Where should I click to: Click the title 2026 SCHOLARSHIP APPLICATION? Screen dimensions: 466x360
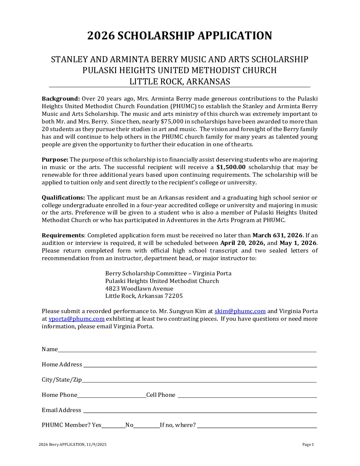point(180,36)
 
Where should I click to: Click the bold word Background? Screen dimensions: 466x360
point(61,99)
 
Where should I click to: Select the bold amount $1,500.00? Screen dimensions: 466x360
point(231,167)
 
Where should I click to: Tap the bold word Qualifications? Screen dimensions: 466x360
point(63,198)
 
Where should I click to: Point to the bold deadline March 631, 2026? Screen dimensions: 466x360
point(277,235)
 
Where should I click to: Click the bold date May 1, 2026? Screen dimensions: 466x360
point(298,243)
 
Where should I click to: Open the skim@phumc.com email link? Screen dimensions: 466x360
point(240,311)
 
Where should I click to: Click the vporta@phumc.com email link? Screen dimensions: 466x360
point(76,319)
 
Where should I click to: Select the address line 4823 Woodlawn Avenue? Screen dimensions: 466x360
point(139,289)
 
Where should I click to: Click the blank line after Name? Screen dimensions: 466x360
point(187,350)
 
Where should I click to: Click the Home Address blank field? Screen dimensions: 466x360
point(200,365)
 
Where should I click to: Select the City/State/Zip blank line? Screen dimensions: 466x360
point(199,381)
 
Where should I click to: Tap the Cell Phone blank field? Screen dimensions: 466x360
point(247,396)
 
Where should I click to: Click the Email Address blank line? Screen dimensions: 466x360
point(200,411)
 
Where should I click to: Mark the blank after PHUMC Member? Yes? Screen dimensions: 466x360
point(113,426)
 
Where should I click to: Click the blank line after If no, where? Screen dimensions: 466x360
point(257,426)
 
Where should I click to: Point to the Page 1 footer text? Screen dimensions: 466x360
point(308,444)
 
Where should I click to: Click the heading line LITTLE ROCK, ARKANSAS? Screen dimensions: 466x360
point(180,81)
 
